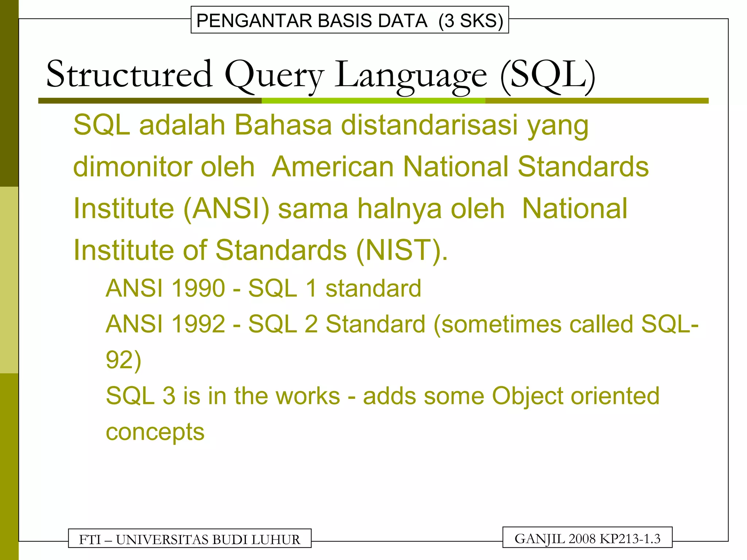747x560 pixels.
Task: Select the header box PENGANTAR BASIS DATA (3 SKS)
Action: [x=349, y=20]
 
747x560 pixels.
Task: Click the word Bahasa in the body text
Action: [x=283, y=125]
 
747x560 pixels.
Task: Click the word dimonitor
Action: [x=132, y=167]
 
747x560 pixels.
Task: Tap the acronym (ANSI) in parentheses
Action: [x=226, y=209]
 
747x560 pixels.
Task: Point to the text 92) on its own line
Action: [x=123, y=360]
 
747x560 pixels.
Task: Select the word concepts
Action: [x=155, y=432]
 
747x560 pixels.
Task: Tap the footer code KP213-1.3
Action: [x=630, y=538]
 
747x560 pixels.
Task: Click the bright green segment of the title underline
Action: [x=373, y=101]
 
